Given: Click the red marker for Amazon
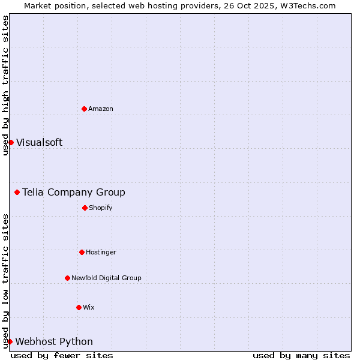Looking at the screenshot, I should tap(84, 109).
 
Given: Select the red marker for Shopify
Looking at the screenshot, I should tap(85, 208).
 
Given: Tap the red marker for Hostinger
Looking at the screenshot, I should tap(82, 252).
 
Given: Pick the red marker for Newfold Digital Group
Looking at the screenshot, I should tap(67, 278).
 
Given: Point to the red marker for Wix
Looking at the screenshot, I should tap(79, 307).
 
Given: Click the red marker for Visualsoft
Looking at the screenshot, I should tap(11, 142).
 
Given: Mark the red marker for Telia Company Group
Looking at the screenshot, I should tap(17, 192).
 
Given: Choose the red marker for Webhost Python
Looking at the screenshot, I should tap(10, 341).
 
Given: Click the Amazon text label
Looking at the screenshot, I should tap(101, 109).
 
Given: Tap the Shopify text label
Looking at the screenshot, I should tap(101, 208).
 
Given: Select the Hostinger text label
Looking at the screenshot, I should tap(101, 252).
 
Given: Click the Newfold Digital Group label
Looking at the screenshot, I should tap(106, 278).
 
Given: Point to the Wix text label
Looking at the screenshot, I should tap(89, 307).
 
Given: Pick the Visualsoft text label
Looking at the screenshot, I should tap(39, 142).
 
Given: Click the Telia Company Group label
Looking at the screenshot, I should tap(74, 192).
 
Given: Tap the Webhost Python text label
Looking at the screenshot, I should tap(54, 341).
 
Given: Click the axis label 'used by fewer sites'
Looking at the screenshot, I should tap(62, 355).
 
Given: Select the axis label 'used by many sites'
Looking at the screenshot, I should tap(301, 355).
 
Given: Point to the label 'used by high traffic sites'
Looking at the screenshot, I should tap(5, 85).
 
